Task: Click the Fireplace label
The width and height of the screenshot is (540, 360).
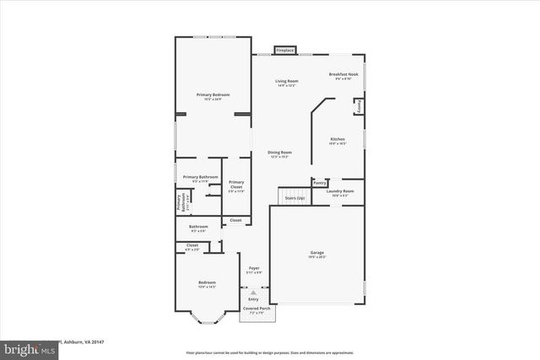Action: tap(285, 50)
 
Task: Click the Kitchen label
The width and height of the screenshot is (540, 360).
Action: tap(337, 140)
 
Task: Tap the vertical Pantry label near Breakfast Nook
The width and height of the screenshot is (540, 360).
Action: tap(359, 106)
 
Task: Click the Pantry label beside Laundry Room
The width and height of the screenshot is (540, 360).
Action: tap(320, 182)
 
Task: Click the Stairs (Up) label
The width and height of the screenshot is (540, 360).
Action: tap(294, 197)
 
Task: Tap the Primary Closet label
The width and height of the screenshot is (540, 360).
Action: tap(236, 184)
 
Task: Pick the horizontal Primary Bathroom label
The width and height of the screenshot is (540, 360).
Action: tap(199, 178)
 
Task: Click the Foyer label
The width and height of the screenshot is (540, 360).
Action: tap(253, 269)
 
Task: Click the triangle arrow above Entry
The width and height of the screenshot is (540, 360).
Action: tap(253, 292)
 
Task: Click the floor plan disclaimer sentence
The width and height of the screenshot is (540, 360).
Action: tap(270, 352)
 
